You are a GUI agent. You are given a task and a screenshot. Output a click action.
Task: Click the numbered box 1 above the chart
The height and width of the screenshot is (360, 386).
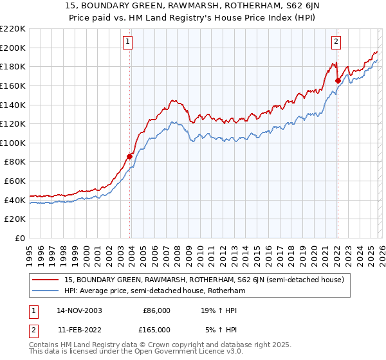[x=128, y=42]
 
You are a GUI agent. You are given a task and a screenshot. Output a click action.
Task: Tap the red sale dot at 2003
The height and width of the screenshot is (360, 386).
[x=130, y=156]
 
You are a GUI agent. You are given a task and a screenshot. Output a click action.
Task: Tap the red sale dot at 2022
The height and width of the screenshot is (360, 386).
[x=338, y=80]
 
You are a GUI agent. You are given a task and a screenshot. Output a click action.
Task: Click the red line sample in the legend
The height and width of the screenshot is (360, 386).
[x=46, y=280]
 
